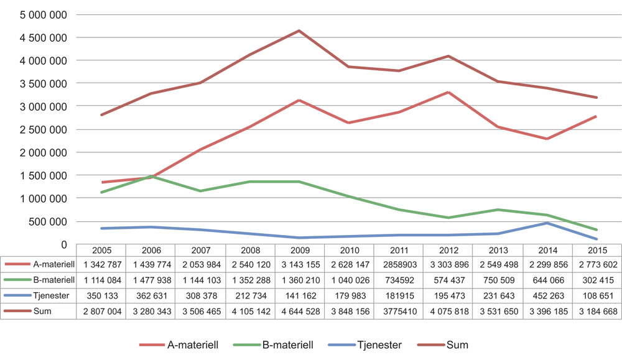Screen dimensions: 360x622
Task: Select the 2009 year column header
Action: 299,250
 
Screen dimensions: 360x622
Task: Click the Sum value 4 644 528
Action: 299,311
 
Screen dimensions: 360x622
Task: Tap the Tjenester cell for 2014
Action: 547,295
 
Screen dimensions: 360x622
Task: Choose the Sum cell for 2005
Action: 101,311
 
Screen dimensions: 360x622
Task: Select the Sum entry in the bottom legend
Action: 457,344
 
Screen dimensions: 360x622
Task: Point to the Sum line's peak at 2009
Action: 299,30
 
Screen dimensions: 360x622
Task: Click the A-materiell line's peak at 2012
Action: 448,92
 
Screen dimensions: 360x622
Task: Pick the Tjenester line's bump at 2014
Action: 547,223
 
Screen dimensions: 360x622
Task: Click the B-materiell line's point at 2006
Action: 151,176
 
